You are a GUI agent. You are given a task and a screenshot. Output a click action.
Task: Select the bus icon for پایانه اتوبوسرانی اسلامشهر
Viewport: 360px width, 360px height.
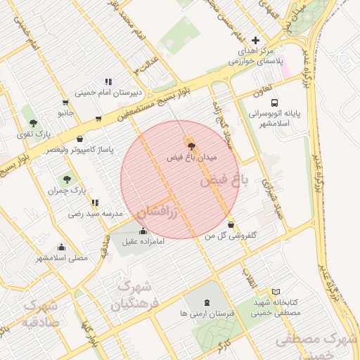(274, 101)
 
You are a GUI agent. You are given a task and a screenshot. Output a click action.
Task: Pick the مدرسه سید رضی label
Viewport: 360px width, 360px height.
(96, 212)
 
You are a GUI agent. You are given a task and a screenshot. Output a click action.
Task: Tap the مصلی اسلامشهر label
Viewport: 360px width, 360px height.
(63, 257)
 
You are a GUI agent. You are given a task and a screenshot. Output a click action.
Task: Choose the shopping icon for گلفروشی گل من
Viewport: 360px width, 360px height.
(231, 225)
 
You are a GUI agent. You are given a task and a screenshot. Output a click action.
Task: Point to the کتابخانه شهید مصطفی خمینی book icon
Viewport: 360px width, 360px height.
(276, 291)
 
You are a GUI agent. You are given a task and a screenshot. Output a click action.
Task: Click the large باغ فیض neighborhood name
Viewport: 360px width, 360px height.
(224, 180)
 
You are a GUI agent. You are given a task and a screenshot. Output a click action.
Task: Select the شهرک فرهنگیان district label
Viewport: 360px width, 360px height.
(131, 296)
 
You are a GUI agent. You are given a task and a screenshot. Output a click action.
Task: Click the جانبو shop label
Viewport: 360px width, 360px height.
(65, 112)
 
